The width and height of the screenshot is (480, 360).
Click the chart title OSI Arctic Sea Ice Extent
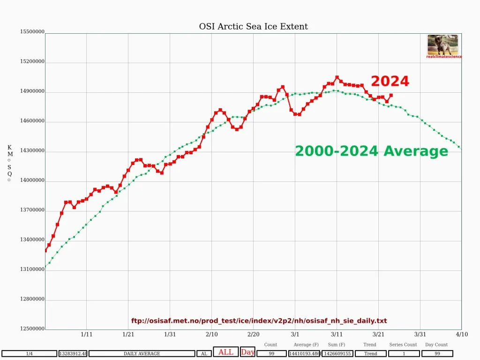point(254,27)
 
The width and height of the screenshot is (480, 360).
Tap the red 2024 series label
point(390,82)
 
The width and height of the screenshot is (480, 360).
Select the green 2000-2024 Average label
point(371,151)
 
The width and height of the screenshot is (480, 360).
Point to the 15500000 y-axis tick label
point(32,32)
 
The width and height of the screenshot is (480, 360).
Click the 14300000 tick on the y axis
point(32,150)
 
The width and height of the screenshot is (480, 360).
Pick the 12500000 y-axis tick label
point(32,329)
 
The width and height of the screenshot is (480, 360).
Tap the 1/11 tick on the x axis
point(87,334)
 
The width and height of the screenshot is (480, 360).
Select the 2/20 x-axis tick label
point(253,334)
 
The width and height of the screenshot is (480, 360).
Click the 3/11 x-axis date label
point(337,334)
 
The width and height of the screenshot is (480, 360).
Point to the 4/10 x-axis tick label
point(462,334)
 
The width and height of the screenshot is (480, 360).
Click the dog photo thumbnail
point(442,45)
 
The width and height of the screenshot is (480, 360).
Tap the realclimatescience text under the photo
point(444,57)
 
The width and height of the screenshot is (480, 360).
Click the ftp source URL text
point(259,321)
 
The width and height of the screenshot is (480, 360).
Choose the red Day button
point(247,352)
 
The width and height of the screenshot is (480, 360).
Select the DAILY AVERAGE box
point(142,353)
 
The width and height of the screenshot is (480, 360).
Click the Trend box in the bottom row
point(370,353)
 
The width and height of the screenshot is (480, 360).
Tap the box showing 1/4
point(29,353)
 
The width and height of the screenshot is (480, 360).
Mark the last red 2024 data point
point(391,95)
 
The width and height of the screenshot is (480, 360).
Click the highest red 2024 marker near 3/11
point(337,77)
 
